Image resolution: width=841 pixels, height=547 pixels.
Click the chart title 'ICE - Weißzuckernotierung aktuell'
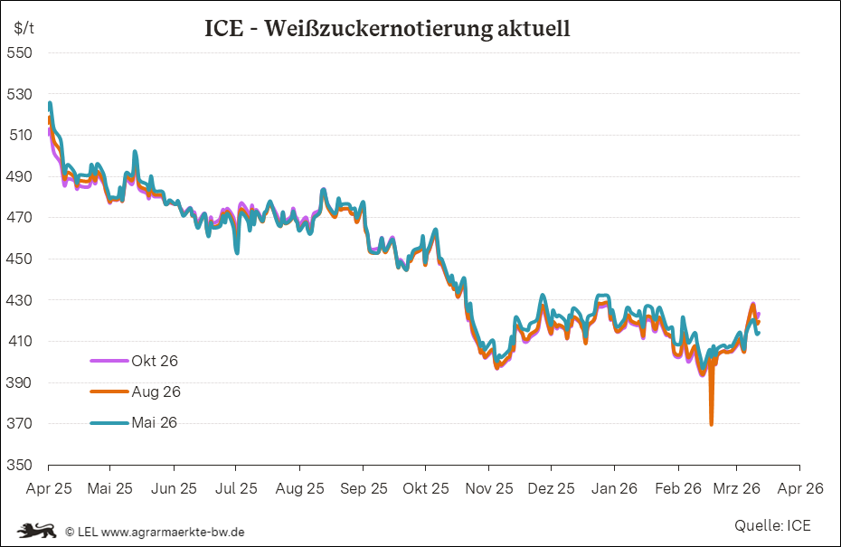387,28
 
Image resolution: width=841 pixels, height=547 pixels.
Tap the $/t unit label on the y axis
24,27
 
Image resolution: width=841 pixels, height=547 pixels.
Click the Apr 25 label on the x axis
48,488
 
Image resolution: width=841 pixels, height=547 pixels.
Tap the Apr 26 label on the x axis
799,488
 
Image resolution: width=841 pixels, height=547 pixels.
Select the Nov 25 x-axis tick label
488,488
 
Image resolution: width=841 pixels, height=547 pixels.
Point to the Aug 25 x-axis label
299,488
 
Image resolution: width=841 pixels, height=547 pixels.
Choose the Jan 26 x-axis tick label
613,488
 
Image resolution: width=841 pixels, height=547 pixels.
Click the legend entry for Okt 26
155,361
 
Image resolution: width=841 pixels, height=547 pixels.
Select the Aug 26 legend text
156,391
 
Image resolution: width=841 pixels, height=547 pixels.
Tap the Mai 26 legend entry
155,422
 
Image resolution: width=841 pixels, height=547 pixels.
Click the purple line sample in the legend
109,361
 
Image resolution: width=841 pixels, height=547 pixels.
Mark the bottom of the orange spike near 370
712,423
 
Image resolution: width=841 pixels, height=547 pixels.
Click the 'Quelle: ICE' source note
772,525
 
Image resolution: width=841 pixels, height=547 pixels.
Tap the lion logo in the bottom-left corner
36,531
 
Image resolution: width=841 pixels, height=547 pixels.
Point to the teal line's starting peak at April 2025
50,104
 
